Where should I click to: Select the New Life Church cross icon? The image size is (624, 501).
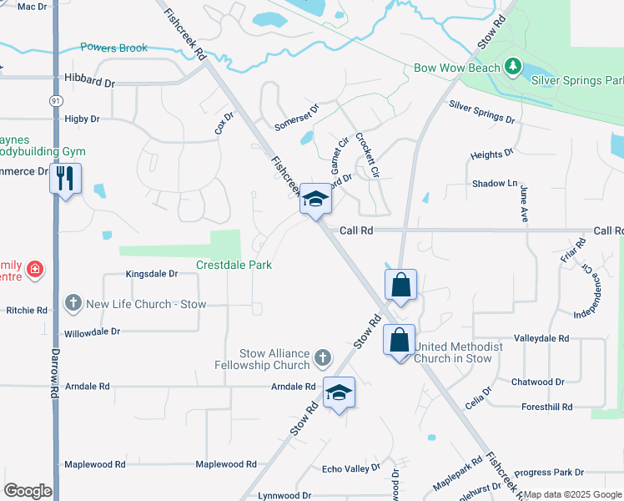tap(73, 304)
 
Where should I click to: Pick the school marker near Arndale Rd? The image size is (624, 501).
tap(339, 392)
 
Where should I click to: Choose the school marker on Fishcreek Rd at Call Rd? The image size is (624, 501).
tap(315, 199)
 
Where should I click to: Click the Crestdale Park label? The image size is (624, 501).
tap(234, 265)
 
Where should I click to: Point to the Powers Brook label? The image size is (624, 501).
tap(114, 48)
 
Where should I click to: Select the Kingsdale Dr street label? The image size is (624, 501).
tap(152, 273)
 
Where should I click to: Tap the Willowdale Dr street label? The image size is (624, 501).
tap(93, 331)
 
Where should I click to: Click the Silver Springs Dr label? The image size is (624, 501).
tap(481, 112)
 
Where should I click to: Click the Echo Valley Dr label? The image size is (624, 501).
tap(351, 468)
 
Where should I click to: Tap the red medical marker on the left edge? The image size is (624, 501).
tap(35, 269)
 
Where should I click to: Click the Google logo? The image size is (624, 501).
tap(28, 491)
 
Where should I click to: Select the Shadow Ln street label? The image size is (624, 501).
tap(495, 183)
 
